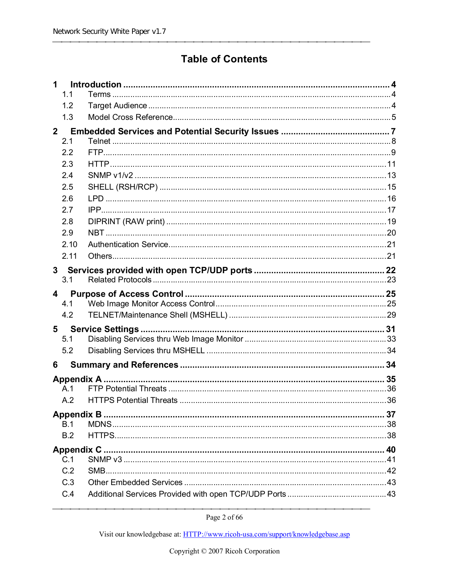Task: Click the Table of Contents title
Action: click(224, 59)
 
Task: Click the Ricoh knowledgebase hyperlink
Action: click(266, 534)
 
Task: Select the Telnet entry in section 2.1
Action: click(99, 141)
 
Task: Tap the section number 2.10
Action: click(69, 245)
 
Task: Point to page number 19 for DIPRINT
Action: click(391, 222)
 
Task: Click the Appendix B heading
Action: click(77, 415)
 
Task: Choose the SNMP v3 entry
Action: click(105, 460)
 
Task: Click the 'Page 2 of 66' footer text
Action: click(224, 517)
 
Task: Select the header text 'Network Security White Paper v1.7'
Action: click(109, 31)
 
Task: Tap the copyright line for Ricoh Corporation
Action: click(224, 551)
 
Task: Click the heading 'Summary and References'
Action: click(124, 365)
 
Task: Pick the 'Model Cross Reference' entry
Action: click(130, 117)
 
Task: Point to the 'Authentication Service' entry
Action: click(128, 245)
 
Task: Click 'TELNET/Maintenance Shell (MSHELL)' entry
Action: click(158, 315)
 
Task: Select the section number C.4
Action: click(68, 494)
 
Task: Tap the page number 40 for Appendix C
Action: click(391, 450)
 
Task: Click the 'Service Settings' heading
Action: click(105, 329)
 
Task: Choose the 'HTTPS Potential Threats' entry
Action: click(133, 400)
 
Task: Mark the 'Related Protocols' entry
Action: click(120, 280)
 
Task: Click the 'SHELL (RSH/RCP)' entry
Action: click(123, 187)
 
